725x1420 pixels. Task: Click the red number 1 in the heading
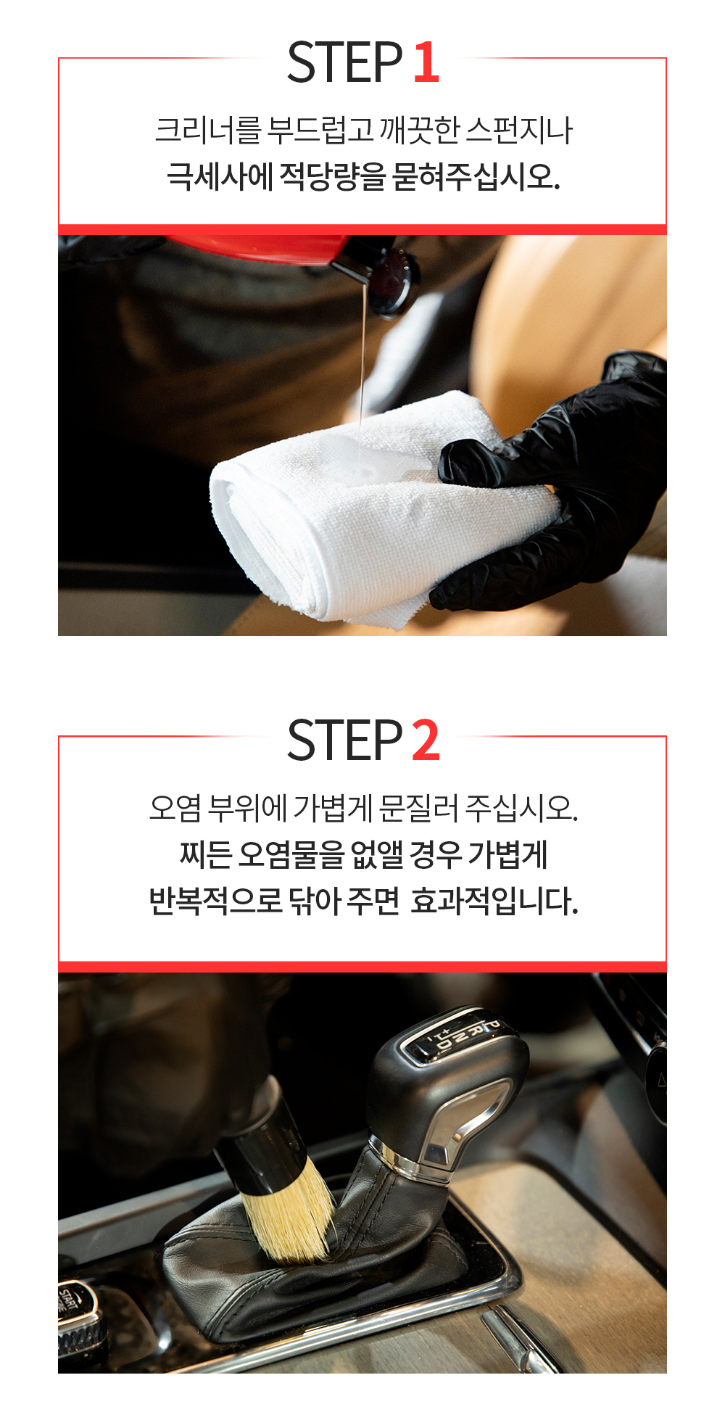(x=427, y=62)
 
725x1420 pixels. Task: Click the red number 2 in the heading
(x=426, y=740)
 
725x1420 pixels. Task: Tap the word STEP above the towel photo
(x=344, y=62)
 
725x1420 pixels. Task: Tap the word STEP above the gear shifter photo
(x=344, y=740)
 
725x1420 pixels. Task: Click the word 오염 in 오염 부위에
(x=175, y=808)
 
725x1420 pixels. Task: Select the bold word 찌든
(x=205, y=854)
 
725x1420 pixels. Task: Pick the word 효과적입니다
(x=494, y=901)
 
